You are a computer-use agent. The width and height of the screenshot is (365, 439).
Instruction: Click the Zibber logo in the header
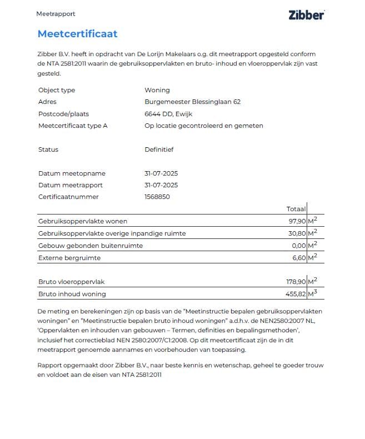[x=306, y=15]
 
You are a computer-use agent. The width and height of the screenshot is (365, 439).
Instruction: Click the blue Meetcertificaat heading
[x=77, y=34]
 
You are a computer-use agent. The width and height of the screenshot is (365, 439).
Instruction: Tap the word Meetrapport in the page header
[x=56, y=14]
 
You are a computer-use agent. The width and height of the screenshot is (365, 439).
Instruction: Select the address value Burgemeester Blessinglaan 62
[x=192, y=102]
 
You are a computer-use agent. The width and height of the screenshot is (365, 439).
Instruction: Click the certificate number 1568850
[x=157, y=197]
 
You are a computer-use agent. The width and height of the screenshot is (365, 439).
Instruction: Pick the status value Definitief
[x=159, y=149]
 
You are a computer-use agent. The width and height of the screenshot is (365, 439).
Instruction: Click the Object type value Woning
[x=157, y=90]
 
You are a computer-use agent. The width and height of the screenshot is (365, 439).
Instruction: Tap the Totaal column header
[x=296, y=209]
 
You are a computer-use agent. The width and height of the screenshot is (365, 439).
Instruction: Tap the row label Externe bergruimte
[x=69, y=258]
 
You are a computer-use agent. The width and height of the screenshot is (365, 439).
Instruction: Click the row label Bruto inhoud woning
[x=72, y=294]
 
